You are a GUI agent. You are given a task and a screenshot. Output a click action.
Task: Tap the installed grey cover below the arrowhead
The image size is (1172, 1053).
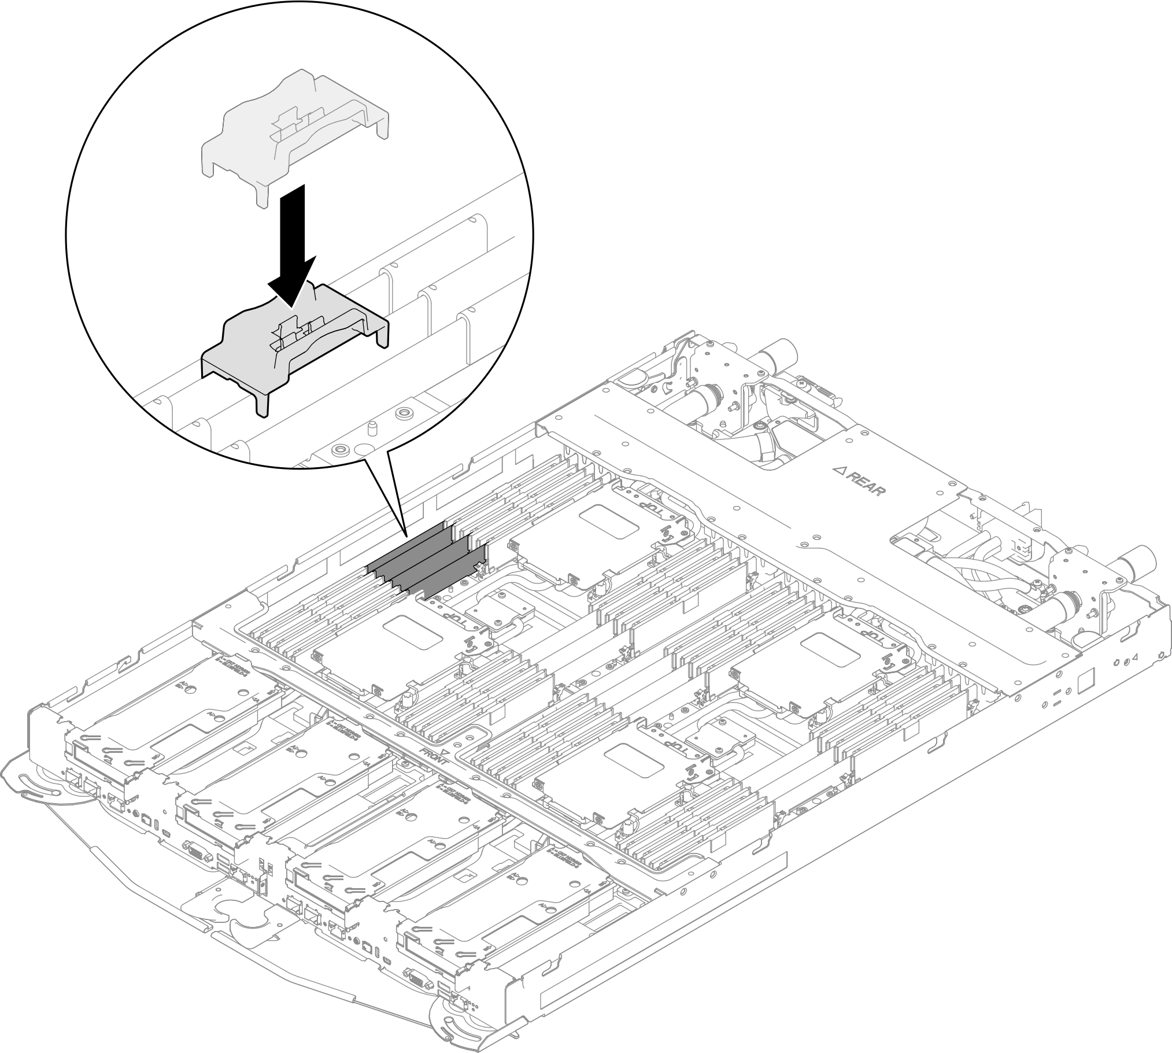pos(243,359)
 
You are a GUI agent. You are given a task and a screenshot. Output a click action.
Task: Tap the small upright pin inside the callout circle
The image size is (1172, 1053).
pos(373,428)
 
